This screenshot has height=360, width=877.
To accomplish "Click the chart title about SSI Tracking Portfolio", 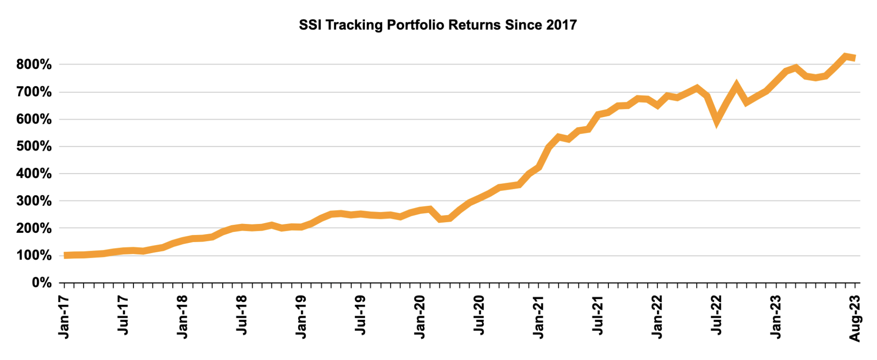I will click(x=438, y=25).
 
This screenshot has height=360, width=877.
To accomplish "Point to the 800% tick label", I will click(x=34, y=65).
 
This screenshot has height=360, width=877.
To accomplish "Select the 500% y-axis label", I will click(x=34, y=147).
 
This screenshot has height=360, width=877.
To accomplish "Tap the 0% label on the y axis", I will click(x=41, y=283).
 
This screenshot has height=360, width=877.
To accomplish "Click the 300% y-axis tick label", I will click(x=34, y=201).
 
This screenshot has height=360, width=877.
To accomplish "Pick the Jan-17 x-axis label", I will click(x=64, y=317).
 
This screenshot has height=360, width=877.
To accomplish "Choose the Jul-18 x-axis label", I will click(x=242, y=315).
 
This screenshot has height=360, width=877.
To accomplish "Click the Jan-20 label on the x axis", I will click(x=420, y=317).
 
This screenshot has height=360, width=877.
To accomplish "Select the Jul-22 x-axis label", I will click(x=717, y=315).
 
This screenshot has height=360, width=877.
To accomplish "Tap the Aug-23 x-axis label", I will click(x=855, y=318).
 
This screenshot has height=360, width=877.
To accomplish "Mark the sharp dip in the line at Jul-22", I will click(x=716, y=121).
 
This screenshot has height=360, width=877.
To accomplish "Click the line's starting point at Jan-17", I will click(x=65, y=255).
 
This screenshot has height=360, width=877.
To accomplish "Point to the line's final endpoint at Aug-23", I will click(x=855, y=58).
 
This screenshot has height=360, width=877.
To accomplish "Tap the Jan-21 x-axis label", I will click(x=539, y=317).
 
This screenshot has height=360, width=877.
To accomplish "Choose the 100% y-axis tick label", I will click(x=34, y=256).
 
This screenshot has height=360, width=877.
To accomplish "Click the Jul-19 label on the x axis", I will click(x=360, y=315).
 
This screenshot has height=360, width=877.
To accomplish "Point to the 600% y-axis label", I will click(x=34, y=119).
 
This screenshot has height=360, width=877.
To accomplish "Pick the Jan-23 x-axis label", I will click(x=776, y=317).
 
